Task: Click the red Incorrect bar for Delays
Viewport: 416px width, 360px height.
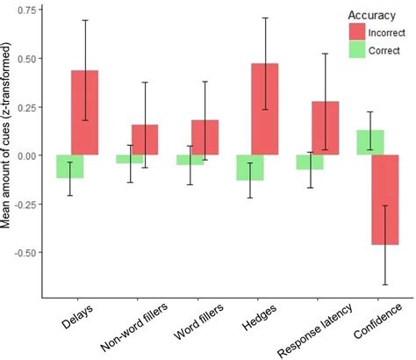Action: click(85, 112)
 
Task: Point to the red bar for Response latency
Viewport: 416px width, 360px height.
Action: click(324, 128)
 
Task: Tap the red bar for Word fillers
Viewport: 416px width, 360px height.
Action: click(204, 137)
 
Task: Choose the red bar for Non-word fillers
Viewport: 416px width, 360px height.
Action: click(145, 140)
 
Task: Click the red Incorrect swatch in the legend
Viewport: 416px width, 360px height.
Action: click(356, 31)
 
